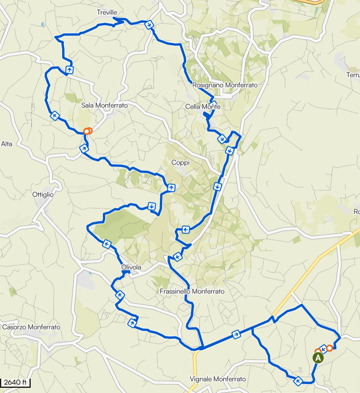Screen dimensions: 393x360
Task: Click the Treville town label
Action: coord(107,13)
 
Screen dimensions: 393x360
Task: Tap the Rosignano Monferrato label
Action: coord(225,85)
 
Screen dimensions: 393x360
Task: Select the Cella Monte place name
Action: coord(203,107)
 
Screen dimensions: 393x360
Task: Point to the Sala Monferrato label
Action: coord(104,106)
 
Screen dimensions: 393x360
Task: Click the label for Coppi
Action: coord(181,162)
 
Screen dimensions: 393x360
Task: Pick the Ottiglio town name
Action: coord(42,195)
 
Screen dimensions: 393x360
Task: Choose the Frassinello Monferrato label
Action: coord(192,291)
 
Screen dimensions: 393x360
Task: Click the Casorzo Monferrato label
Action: coord(31,327)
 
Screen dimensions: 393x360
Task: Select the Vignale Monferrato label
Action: coord(218,379)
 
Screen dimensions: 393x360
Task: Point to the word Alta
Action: coord(7,144)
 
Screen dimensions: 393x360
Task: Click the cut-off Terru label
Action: coord(353,75)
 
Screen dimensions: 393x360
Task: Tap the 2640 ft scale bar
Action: coord(16,383)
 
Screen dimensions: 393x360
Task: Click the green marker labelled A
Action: coord(318,358)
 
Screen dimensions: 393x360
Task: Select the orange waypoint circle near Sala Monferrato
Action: coord(87,131)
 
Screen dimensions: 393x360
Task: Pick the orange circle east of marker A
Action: coord(330,348)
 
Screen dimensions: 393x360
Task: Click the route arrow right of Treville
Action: coord(149,25)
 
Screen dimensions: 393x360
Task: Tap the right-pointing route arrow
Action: coord(236,334)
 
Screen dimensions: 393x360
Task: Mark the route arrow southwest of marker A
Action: coord(298,381)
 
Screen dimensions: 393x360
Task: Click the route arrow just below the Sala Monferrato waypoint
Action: coord(84,149)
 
